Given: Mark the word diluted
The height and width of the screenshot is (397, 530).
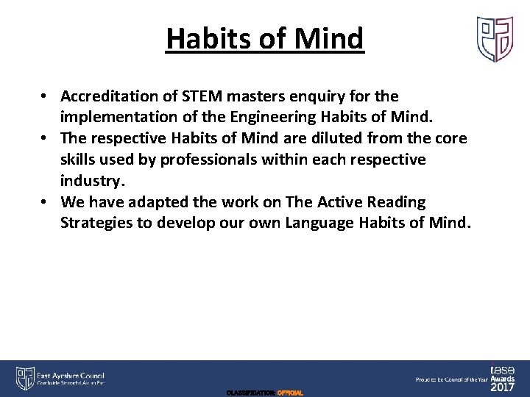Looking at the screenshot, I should point(325,139).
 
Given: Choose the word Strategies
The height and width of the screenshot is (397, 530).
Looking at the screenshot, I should point(98,223).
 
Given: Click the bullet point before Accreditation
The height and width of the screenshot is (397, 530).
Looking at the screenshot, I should point(45,96).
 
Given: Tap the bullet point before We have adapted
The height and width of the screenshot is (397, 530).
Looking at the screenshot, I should point(45,202).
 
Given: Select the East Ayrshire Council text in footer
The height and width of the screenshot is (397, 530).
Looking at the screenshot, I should point(71,373).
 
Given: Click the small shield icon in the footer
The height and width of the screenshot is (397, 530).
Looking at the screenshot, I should point(24,377).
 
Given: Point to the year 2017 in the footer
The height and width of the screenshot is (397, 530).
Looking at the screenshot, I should point(503,387).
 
